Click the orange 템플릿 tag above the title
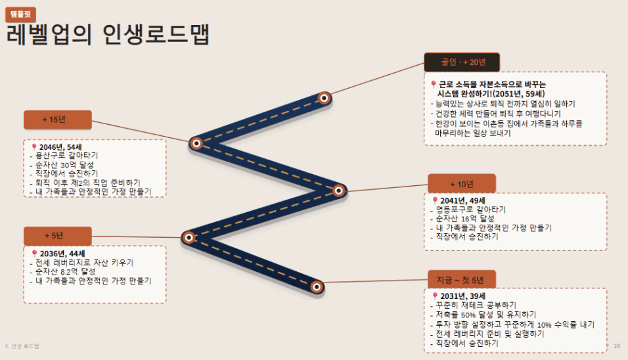(x=21, y=14)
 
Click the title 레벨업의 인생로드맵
(x=108, y=34)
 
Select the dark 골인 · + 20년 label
(x=462, y=62)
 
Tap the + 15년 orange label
(x=58, y=120)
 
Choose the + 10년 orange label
(x=462, y=184)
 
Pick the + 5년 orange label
(x=58, y=235)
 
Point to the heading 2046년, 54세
(x=60, y=147)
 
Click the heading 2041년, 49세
(x=462, y=200)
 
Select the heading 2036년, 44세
(x=62, y=254)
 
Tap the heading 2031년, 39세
(x=462, y=296)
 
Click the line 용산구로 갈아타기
(x=64, y=156)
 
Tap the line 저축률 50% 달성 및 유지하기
(x=483, y=315)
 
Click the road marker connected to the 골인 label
(x=324, y=98)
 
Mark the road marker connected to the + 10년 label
(x=338, y=191)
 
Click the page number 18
(x=617, y=346)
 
